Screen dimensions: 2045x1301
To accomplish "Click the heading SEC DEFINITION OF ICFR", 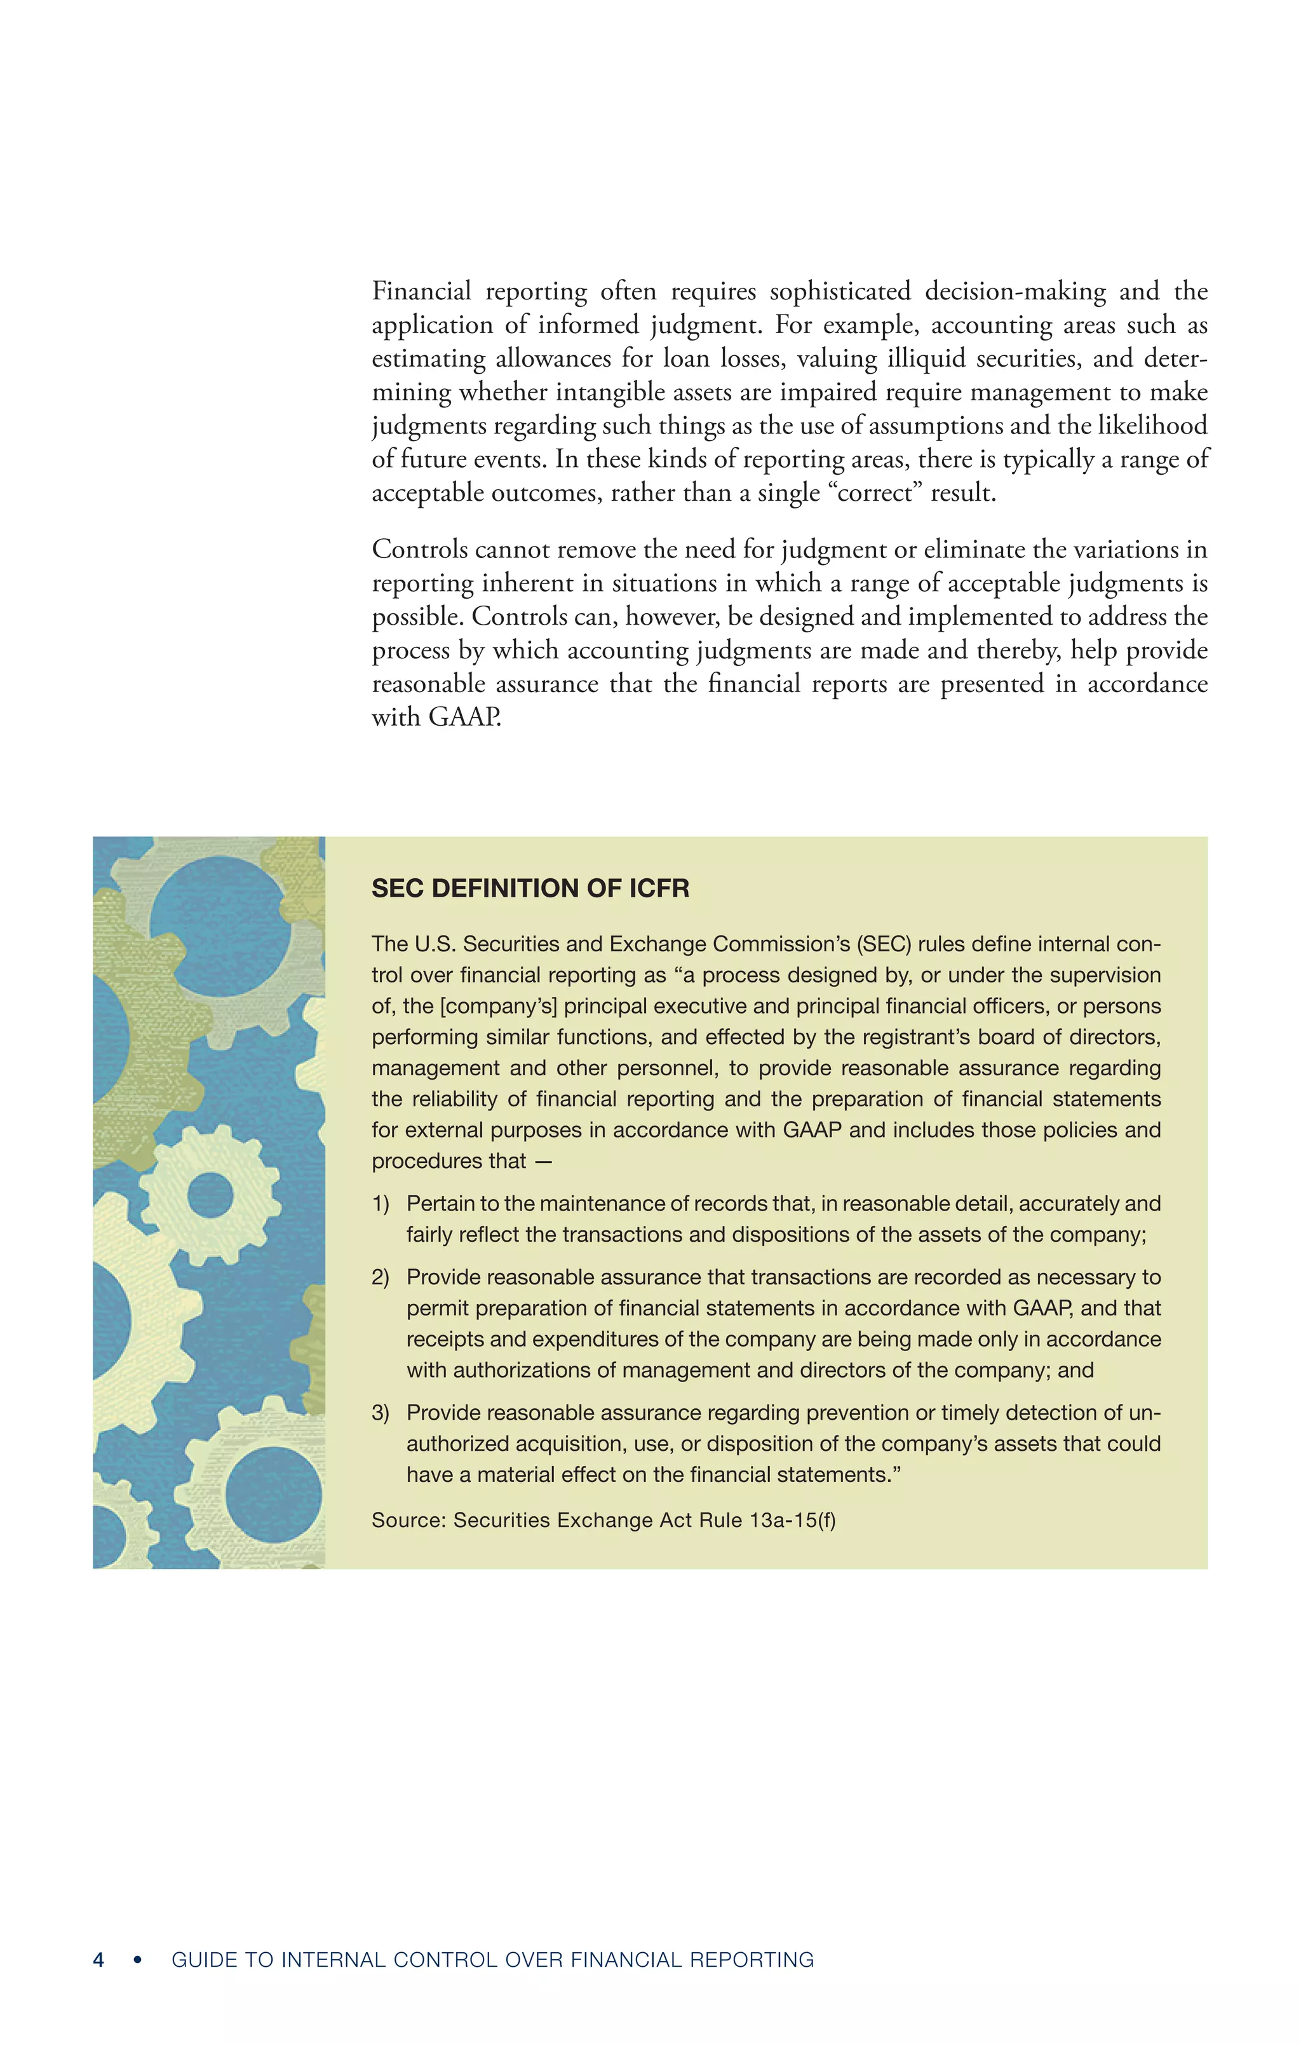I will point(530,888).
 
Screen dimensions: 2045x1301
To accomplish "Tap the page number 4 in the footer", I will point(98,1959).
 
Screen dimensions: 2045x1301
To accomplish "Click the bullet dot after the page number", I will point(138,1959).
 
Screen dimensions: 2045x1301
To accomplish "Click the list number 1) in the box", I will point(380,1204).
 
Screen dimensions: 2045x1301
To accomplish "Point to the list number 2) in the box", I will point(380,1277).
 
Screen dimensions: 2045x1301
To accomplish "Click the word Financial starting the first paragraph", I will point(421,291).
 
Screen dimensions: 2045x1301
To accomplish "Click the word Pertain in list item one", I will point(441,1204).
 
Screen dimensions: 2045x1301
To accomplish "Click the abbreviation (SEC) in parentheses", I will point(883,944).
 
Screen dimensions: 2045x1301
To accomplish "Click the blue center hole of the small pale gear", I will point(210,1195).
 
